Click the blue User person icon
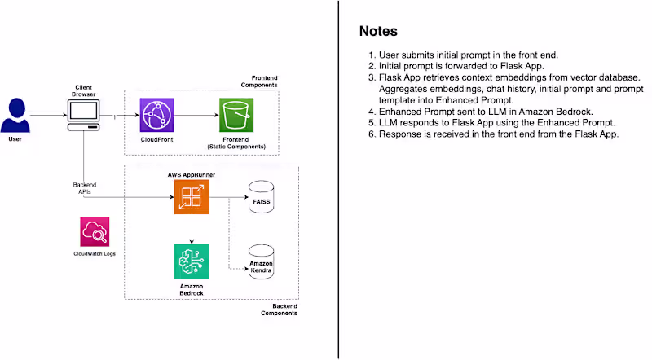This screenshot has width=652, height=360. tap(15, 116)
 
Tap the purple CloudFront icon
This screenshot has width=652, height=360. tap(156, 115)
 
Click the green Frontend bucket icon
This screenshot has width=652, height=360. tap(236, 115)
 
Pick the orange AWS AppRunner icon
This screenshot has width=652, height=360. tap(191, 197)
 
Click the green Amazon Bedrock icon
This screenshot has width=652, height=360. tap(191, 261)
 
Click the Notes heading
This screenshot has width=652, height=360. tap(378, 32)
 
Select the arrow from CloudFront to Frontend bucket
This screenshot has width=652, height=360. tap(196, 116)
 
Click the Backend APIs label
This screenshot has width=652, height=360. tap(85, 188)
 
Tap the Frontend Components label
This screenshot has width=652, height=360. tap(258, 81)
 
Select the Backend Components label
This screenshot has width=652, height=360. tap(279, 310)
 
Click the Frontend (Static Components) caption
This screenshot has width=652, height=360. tap(236, 145)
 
